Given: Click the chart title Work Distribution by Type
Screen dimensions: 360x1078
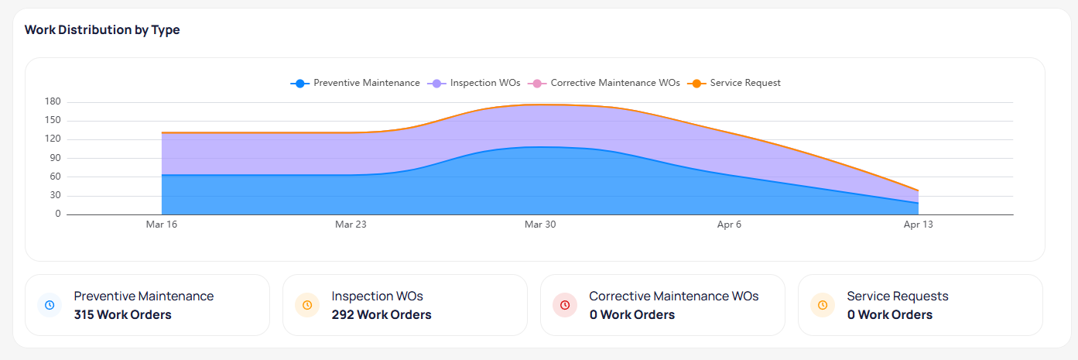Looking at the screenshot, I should (x=102, y=30).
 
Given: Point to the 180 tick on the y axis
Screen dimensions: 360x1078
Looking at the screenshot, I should (x=53, y=102).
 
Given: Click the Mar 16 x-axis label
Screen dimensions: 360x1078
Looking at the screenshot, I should (x=161, y=225).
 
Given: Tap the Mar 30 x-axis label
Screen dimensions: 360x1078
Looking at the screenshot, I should (x=540, y=225).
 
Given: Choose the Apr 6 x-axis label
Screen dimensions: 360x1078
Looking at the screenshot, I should (x=729, y=225).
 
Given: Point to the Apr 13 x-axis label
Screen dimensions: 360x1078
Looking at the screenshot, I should (x=919, y=225).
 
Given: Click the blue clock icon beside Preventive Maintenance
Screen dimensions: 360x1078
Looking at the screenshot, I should (x=50, y=305).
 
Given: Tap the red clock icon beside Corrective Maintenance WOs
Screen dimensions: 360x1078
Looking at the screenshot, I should (x=565, y=305).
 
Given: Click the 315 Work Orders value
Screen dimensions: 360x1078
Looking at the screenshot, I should (x=122, y=315).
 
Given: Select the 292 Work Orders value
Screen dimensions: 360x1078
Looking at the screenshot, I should (x=381, y=315).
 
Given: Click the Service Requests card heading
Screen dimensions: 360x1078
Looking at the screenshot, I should (x=897, y=296).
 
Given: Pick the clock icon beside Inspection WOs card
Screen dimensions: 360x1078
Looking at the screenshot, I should (x=307, y=305).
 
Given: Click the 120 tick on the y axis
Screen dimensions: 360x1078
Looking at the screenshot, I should (x=53, y=139).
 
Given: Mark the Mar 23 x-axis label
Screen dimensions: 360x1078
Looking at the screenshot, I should (x=351, y=225).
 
